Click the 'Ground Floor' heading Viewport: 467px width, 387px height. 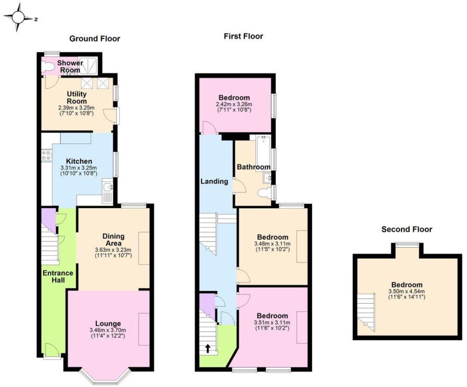(95, 38)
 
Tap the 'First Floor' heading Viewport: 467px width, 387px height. (243, 36)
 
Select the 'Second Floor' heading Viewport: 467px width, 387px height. (407, 229)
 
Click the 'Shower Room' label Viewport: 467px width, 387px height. (70, 66)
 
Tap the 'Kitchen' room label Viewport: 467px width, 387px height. (79, 161)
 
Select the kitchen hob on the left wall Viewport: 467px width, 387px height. (46, 154)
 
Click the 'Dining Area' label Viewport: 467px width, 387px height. (113, 240)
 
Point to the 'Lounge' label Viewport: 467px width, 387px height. (108, 323)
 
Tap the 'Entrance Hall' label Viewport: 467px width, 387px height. (58, 277)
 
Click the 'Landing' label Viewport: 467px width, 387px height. (215, 182)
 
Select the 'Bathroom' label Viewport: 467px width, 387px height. (253, 167)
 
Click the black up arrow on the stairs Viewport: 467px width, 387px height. (208, 349)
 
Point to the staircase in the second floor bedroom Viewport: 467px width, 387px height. (367, 311)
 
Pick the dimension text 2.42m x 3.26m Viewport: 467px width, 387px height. (234, 104)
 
